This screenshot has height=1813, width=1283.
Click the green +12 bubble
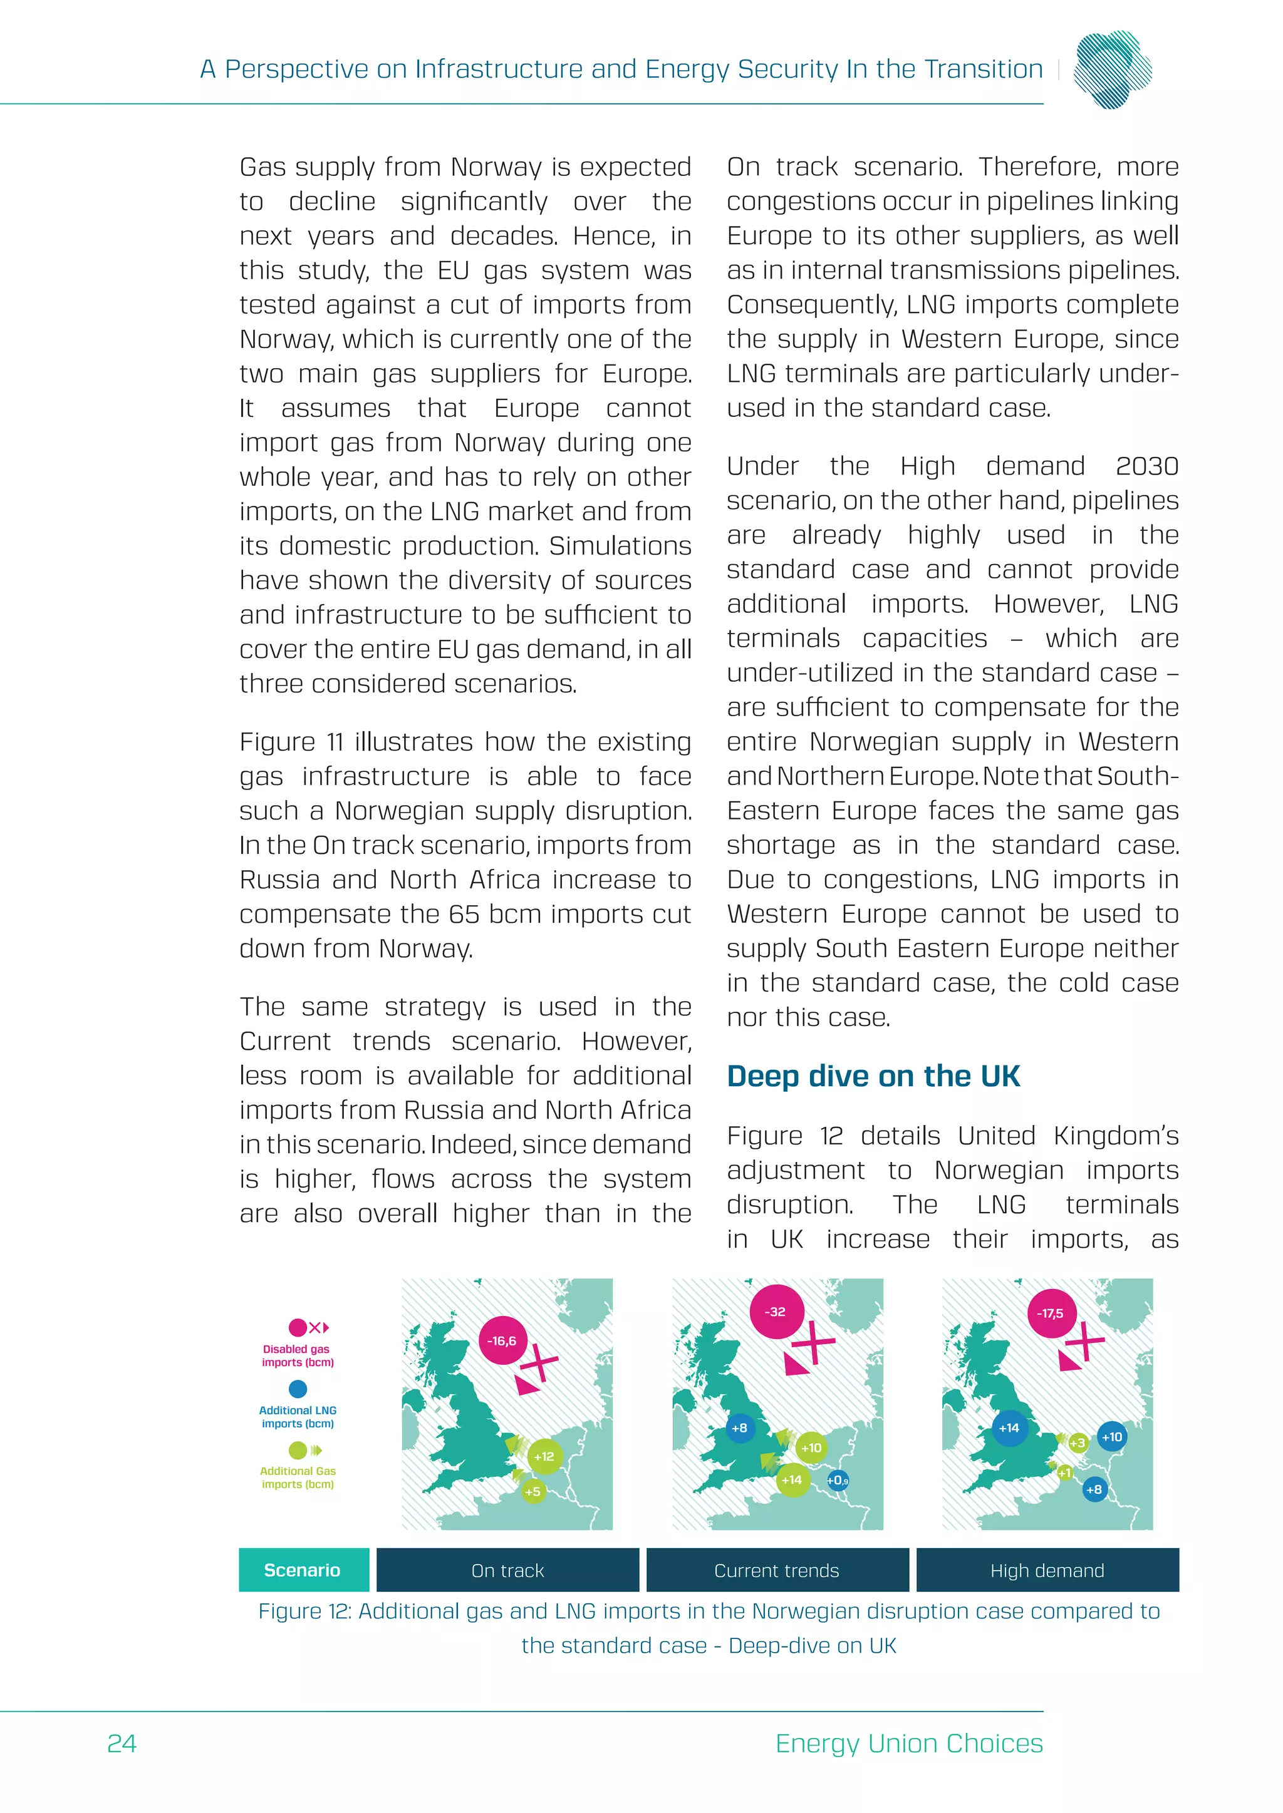point(544,1456)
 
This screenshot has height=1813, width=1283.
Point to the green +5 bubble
point(533,1492)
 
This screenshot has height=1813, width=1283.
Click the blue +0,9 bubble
point(838,1481)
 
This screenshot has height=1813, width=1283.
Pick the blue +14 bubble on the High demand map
point(1009,1427)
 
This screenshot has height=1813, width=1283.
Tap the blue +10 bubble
point(1111,1437)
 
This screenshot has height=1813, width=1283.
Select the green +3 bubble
point(1078,1442)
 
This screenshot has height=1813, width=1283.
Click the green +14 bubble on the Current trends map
point(792,1480)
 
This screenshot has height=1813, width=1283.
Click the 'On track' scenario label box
point(507,1571)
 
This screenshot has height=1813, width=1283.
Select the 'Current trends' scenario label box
point(777,1571)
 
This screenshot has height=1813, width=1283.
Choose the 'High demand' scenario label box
point(1047,1571)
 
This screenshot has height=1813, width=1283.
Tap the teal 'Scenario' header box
point(303,1571)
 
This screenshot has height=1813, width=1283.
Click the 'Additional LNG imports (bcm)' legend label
point(298,1417)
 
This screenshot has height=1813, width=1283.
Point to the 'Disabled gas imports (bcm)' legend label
point(297,1356)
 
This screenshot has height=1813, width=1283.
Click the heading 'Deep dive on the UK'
point(873,1076)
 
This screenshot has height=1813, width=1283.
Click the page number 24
point(122,1743)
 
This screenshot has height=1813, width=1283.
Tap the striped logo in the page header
point(1113,69)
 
